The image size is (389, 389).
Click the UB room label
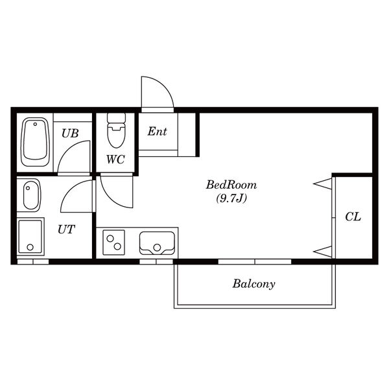pyautogui.click(x=70, y=133)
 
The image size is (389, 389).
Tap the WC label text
pyautogui.click(x=115, y=159)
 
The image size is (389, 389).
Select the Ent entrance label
pyautogui.click(x=158, y=131)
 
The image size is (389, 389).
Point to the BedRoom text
pyautogui.click(x=231, y=185)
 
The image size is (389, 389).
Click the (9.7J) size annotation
pyautogui.click(x=231, y=198)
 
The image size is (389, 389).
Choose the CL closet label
pyautogui.click(x=353, y=217)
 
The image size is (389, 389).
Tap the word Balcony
pyautogui.click(x=253, y=283)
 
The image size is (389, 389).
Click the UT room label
pyautogui.click(x=66, y=230)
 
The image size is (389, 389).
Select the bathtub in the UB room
pyautogui.click(x=35, y=142)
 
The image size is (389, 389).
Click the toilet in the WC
pyautogui.click(x=116, y=130)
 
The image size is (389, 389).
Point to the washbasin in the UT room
pyautogui.click(x=31, y=195)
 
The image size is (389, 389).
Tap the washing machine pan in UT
pyautogui.click(x=30, y=237)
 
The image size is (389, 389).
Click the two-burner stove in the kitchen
pyautogui.click(x=113, y=242)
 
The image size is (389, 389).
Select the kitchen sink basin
pyautogui.click(x=157, y=243)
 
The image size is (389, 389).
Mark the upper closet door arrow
pyautogui.click(x=322, y=184)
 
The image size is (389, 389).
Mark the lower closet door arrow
pyautogui.click(x=322, y=252)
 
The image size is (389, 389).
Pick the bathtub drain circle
pyautogui.click(x=35, y=124)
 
